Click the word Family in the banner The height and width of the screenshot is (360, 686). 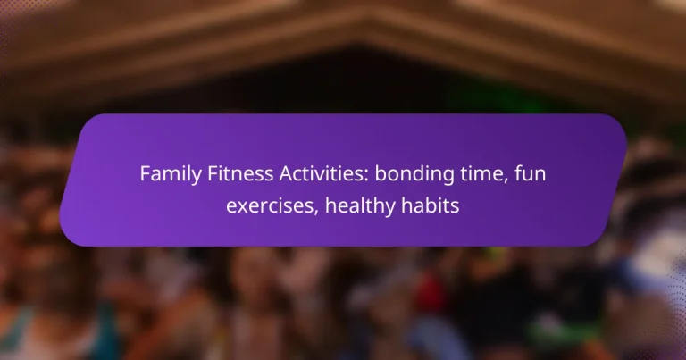coord(166,174)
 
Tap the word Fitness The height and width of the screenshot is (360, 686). coord(227,174)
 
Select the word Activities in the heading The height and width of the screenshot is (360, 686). coord(300,174)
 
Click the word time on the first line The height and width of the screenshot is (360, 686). coord(443,174)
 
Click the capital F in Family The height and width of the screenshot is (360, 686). coord(145,174)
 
